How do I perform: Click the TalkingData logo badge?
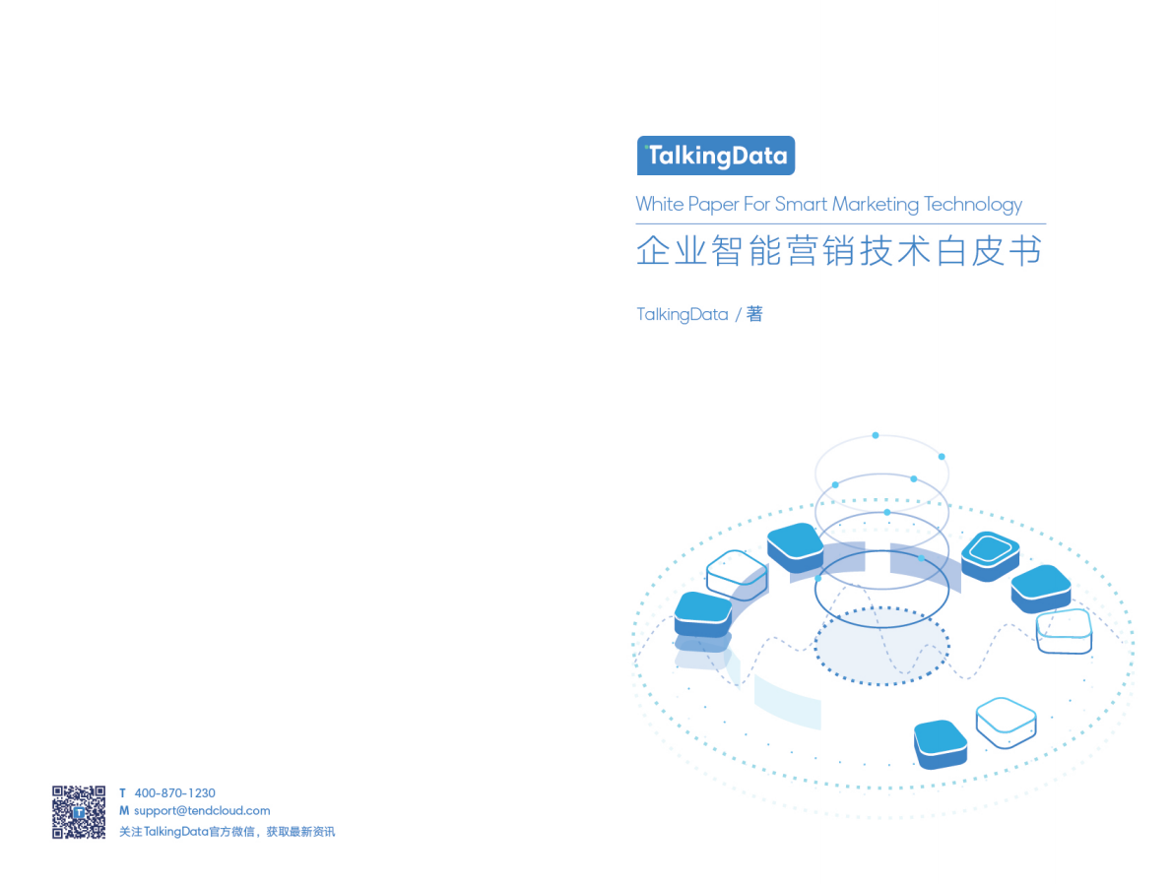[715, 156]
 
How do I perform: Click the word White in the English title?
[659, 204]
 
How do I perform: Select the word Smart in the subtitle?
[802, 204]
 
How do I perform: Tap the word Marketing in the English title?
[876, 205]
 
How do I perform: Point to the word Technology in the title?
[973, 205]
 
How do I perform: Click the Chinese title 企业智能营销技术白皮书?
[839, 251]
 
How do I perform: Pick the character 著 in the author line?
[754, 314]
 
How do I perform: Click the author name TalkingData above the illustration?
[682, 314]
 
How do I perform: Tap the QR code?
[79, 812]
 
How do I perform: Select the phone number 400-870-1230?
[174, 793]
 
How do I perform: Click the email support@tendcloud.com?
[202, 811]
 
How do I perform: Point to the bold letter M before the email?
[124, 811]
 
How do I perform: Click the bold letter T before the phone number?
[122, 793]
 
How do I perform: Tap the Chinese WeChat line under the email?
[227, 832]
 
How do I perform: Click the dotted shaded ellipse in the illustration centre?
[881, 646]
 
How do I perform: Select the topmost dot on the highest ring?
[875, 435]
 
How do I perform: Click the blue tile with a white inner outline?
[989, 552]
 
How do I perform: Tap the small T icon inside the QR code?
[79, 813]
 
